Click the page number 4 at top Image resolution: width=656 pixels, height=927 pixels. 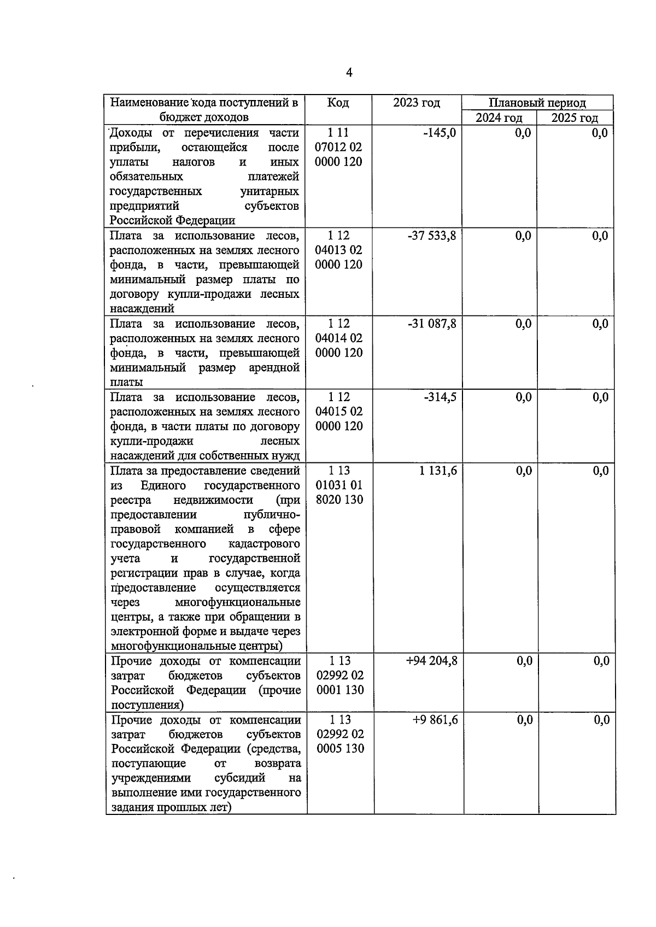(x=349, y=73)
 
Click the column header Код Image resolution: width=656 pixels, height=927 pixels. (x=338, y=103)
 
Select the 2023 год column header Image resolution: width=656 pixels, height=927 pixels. (x=416, y=103)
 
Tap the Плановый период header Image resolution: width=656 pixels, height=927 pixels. (x=537, y=103)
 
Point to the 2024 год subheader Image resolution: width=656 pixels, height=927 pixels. (x=499, y=118)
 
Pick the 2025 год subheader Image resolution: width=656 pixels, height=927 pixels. (x=575, y=118)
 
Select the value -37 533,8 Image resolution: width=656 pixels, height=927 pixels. (x=431, y=236)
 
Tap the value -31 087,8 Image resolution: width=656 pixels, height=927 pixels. (x=431, y=324)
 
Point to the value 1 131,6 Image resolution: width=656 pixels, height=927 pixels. (x=438, y=471)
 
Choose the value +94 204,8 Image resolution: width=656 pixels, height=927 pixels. (x=432, y=661)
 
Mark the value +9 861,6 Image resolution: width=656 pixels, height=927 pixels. (x=435, y=720)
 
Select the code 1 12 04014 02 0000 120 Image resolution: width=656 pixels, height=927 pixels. (x=339, y=338)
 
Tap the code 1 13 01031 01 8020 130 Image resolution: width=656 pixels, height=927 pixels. (x=339, y=485)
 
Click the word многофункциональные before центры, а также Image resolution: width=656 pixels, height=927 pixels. (x=238, y=602)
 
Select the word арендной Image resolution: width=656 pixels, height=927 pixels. (x=274, y=368)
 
